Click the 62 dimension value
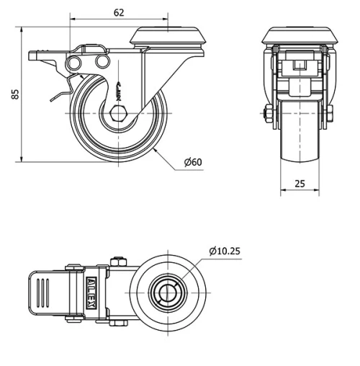119,12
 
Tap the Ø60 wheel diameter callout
193,164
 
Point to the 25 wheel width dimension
300,184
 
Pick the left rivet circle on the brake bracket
73,66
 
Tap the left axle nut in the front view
269,115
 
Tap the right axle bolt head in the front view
332,115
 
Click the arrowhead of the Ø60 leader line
156,149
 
